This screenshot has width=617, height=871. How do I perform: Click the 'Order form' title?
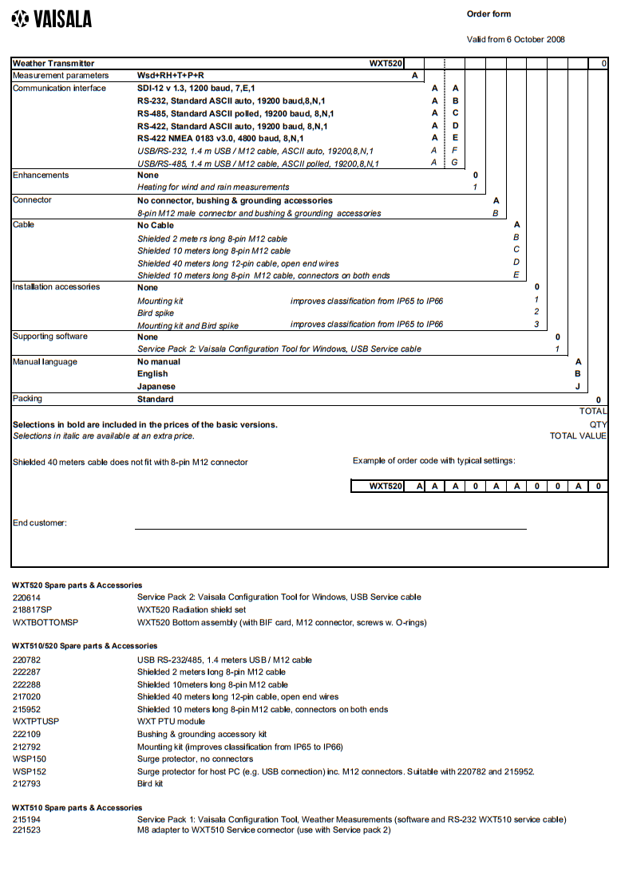(x=488, y=14)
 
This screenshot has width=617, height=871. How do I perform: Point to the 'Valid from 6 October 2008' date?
(x=516, y=40)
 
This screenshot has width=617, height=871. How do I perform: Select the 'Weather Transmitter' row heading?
(x=53, y=64)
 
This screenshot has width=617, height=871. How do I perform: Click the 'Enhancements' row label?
(x=41, y=175)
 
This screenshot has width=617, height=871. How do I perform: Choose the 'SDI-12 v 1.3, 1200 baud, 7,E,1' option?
(x=196, y=89)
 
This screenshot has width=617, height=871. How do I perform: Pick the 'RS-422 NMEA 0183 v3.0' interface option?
(x=220, y=139)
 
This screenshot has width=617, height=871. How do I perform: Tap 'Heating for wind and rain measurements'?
(x=213, y=187)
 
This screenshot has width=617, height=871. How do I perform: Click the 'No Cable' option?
(x=156, y=226)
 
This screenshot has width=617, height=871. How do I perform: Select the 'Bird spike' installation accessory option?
(x=156, y=313)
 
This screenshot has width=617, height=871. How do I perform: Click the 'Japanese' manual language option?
(x=156, y=387)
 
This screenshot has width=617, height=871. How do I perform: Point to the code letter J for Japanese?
(x=578, y=387)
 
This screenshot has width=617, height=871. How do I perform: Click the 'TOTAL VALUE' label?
(x=578, y=436)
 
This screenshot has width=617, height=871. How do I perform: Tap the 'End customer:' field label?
(x=40, y=523)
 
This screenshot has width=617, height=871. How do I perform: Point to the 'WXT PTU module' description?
(x=172, y=722)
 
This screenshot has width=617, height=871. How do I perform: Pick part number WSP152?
(x=30, y=772)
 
